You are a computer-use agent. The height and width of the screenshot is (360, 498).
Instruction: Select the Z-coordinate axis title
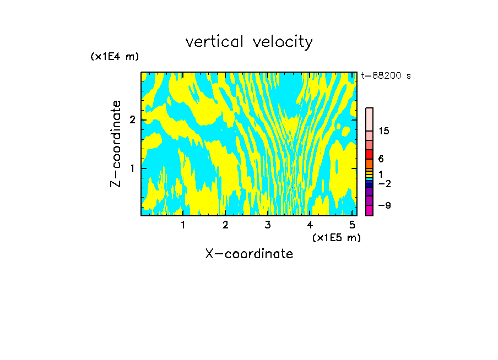point(116,144)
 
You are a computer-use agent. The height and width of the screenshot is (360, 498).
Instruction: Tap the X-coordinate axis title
point(249,254)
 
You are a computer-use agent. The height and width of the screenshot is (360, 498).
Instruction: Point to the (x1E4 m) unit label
point(115,57)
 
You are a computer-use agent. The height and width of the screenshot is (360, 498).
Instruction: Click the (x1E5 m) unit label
point(336,237)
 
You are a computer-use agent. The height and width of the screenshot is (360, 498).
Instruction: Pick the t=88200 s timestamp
point(386,76)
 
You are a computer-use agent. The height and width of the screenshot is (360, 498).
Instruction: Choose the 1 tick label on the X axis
point(183,225)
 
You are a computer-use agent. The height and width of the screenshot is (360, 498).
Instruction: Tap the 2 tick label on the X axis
point(225,225)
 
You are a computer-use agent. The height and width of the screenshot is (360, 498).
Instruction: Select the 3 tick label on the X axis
point(268,225)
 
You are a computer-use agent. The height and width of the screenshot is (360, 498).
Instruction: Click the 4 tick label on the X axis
point(310,225)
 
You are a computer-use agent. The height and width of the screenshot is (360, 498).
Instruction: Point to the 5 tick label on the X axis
point(353,225)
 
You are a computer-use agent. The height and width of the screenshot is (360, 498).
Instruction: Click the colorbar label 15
point(384,131)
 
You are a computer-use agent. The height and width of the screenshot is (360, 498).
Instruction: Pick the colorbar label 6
point(381,159)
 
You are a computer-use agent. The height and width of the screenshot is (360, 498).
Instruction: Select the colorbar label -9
point(384,205)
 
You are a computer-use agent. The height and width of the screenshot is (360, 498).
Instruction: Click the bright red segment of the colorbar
point(369,154)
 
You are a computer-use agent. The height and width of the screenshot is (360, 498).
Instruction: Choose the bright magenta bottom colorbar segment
point(369,210)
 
